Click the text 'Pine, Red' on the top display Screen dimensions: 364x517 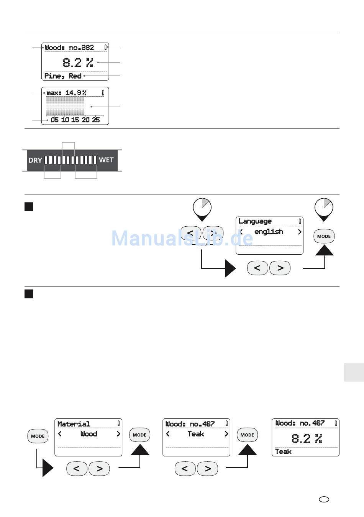click(x=63, y=76)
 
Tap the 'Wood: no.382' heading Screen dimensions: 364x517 click(x=69, y=48)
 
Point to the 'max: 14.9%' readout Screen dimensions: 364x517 click(x=66, y=93)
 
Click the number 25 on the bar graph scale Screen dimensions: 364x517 click(x=95, y=120)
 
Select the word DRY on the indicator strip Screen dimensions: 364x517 click(x=35, y=160)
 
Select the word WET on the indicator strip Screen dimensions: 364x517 click(x=106, y=160)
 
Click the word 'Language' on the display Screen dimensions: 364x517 click(x=255, y=221)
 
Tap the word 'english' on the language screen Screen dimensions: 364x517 click(x=269, y=232)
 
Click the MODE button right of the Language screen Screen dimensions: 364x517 click(x=324, y=236)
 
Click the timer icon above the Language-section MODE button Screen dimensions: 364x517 click(x=324, y=207)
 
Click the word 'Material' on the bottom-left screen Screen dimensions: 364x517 click(x=74, y=424)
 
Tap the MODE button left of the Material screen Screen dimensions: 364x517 click(x=38, y=436)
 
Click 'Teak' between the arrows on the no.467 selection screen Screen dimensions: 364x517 click(x=196, y=434)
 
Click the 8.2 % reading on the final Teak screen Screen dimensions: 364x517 click(x=307, y=438)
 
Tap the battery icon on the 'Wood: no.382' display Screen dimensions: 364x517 click(x=105, y=48)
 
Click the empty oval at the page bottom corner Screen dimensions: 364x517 click(x=324, y=499)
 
